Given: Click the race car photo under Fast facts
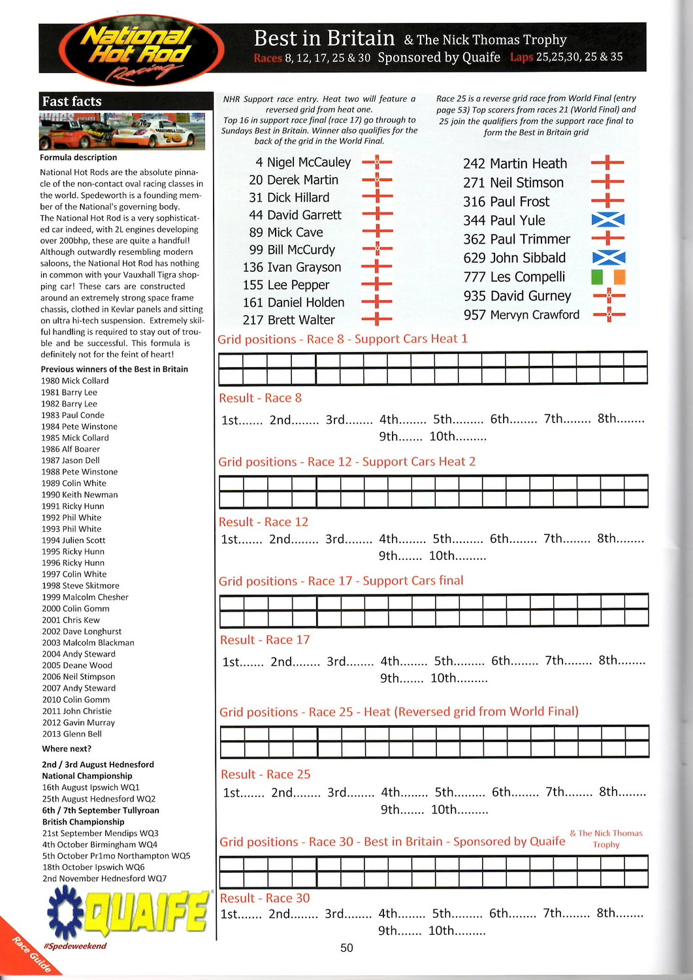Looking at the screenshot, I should point(122,131).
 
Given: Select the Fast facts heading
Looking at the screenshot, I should point(72,101).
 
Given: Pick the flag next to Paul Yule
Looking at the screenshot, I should point(607,220).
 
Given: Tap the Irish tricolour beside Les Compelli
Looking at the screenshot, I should point(607,277).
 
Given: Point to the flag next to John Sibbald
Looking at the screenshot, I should point(607,258).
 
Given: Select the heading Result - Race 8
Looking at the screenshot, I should point(261,398).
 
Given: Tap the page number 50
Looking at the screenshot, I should point(346,948).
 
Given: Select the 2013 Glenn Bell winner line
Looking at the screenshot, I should point(72,734).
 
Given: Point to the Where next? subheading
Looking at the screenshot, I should point(67,749).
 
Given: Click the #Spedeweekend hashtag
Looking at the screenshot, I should point(74,946).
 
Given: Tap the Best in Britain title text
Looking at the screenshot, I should point(324,38).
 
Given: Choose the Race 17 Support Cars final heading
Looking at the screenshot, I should point(341,581).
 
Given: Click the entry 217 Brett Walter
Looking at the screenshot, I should point(288,320).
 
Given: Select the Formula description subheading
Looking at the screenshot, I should point(78,157).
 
